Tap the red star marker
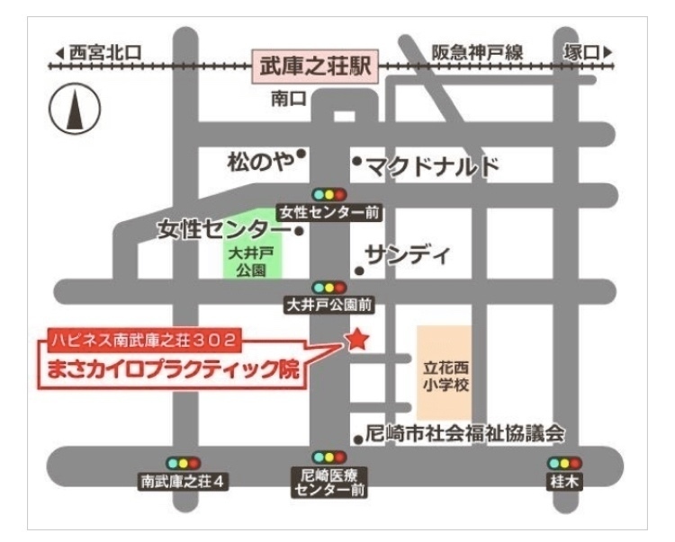[357, 340]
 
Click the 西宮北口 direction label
[99, 52]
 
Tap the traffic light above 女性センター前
[329, 194]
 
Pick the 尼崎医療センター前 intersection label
[329, 483]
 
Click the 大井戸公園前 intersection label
[329, 305]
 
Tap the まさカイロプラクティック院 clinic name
[175, 369]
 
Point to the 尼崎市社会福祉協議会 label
[464, 434]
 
